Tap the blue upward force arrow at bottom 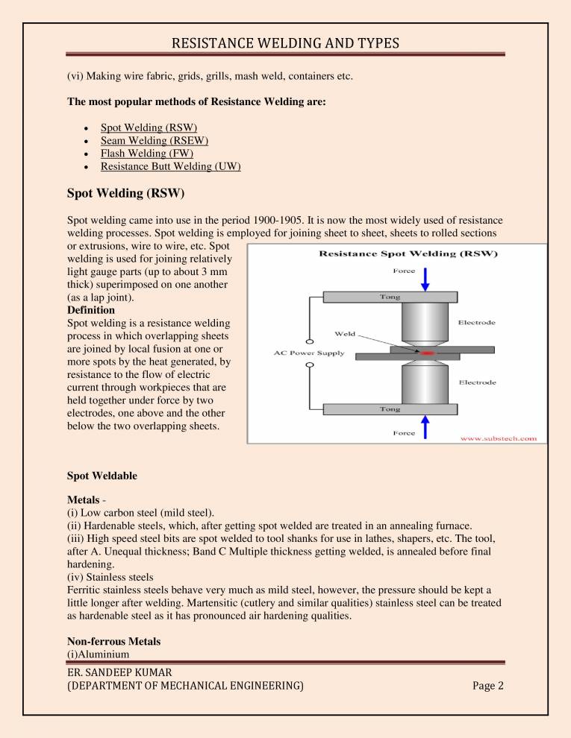[x=425, y=426]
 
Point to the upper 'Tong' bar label [x=391, y=297]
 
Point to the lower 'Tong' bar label [x=391, y=409]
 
